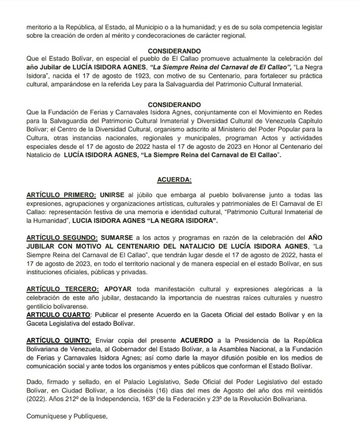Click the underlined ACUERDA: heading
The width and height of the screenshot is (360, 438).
click(174, 179)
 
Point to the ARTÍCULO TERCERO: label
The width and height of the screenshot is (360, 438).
click(62, 289)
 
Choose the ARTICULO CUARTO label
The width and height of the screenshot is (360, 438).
click(58, 315)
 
